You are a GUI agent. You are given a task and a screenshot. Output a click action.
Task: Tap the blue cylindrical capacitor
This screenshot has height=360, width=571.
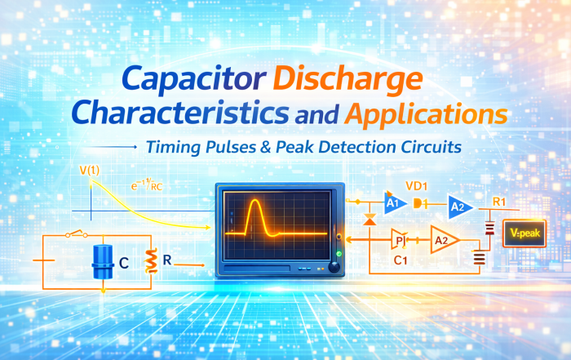point(102,261)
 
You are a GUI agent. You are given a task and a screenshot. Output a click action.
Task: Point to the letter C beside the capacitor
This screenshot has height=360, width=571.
point(124,264)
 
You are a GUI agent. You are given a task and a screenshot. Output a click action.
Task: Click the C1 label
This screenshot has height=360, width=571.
point(401,261)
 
